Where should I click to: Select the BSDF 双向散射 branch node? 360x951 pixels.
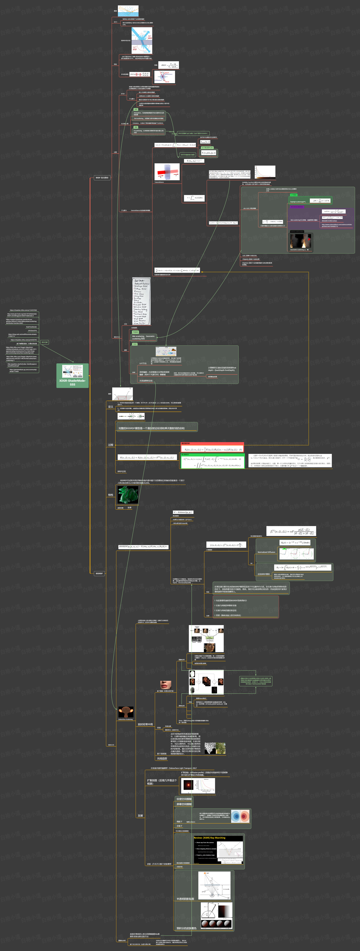click(x=102, y=178)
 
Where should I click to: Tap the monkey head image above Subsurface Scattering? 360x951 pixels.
click(x=126, y=712)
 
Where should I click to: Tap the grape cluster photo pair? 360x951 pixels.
click(x=215, y=748)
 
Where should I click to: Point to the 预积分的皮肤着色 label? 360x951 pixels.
click(x=186, y=928)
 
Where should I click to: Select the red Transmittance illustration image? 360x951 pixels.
click(x=167, y=172)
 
